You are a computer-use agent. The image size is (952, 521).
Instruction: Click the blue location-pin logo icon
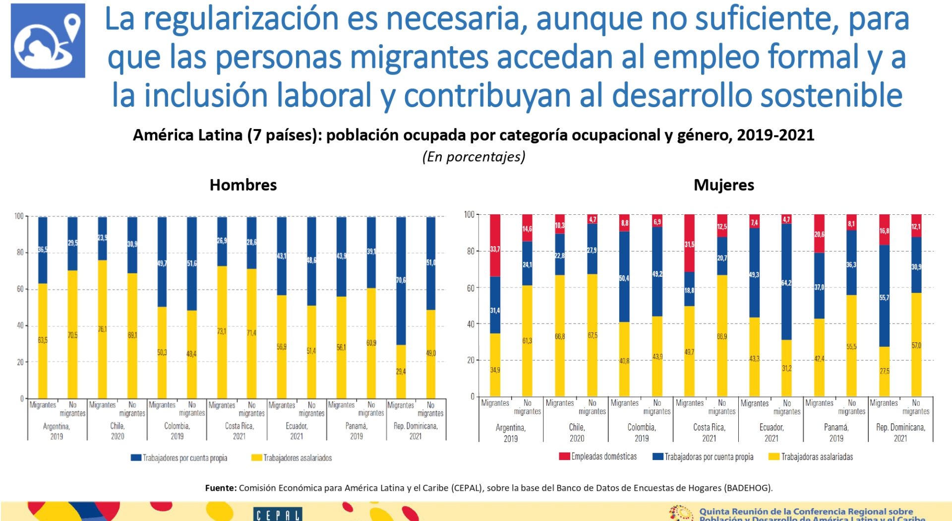tap(48, 41)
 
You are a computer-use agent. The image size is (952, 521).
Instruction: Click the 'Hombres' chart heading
tap(243, 185)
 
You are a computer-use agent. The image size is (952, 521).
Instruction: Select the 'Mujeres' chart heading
tap(723, 185)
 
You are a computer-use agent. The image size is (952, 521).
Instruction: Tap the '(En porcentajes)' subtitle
tap(474, 157)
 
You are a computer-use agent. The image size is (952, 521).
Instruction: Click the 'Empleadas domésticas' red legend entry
tap(598, 456)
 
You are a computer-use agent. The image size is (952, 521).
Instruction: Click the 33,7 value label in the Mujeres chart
tap(495, 249)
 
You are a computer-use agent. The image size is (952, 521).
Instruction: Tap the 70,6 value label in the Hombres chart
tap(401, 280)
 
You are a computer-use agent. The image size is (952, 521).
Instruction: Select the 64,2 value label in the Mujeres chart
tap(786, 283)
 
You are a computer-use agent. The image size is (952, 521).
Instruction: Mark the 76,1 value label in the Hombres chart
tap(102, 329)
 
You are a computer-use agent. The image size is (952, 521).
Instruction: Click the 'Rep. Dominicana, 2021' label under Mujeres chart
tap(900, 433)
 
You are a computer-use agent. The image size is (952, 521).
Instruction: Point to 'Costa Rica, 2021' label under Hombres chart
tap(239, 431)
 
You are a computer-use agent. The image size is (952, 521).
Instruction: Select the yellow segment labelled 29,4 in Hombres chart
tap(401, 372)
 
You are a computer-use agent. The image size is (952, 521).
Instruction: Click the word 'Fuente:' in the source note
tap(221, 488)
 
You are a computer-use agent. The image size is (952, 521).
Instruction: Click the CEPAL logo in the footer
tap(278, 514)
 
